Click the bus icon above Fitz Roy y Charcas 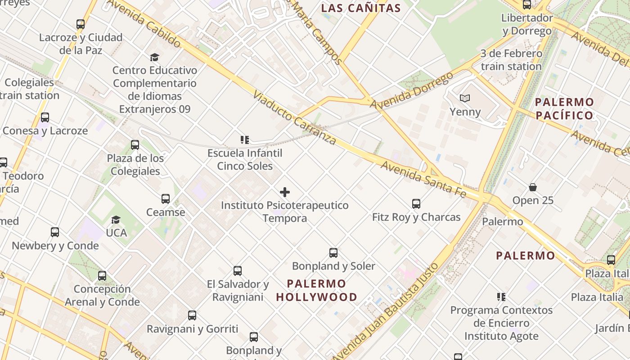(416, 204)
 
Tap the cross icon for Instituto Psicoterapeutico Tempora (285, 193)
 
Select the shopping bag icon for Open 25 (533, 187)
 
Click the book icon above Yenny (465, 98)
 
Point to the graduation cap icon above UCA (116, 220)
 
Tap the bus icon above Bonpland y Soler (333, 253)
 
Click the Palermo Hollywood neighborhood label (316, 290)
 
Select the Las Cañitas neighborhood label (361, 8)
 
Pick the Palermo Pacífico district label (565, 108)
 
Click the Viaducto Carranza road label (294, 117)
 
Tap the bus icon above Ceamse (166, 199)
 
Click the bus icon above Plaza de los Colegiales (135, 145)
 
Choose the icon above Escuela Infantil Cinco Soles (245, 140)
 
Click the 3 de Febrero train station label (511, 60)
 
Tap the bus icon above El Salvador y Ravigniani (238, 271)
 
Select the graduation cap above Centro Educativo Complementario (155, 57)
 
